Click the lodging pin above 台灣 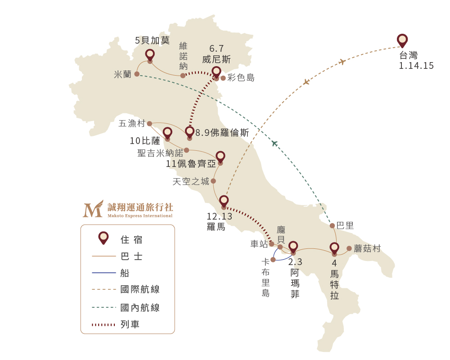(402, 41)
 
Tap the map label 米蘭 (122, 75)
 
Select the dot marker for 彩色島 (223, 78)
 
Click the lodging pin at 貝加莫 (150, 55)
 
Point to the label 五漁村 (132, 123)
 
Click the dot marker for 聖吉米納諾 (187, 150)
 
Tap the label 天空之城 (191, 181)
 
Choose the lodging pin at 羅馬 (224, 202)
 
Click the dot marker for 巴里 (333, 225)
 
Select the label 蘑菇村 (367, 248)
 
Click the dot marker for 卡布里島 (273, 260)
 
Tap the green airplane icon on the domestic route (274, 143)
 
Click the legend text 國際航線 (140, 289)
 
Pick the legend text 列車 (130, 324)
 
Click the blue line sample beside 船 (104, 273)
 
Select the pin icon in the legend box (103, 238)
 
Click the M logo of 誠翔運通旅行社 (93, 209)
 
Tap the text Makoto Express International (140, 216)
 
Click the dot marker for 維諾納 (183, 76)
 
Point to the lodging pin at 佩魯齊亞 (220, 157)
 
